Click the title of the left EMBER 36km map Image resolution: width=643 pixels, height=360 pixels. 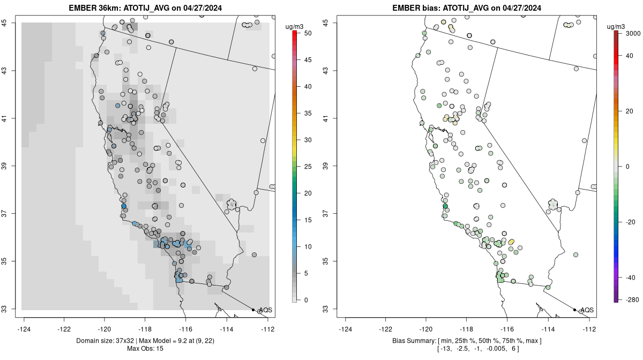click(145, 8)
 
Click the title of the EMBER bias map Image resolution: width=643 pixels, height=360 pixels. click(467, 8)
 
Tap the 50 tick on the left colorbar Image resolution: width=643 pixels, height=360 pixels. click(308, 33)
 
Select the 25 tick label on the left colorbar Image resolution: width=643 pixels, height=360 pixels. click(308, 167)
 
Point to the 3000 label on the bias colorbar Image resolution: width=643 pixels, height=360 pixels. click(633, 34)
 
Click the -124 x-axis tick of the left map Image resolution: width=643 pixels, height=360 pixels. click(24, 329)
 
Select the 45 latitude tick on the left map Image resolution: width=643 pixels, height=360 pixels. click(5, 22)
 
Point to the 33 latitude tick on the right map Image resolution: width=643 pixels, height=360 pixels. click(326, 309)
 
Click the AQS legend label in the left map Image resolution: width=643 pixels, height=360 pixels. click(266, 310)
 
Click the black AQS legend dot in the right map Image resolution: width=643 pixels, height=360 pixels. click(574, 310)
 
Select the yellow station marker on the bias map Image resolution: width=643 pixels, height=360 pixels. click(511, 242)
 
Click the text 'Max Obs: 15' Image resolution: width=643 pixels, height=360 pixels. click(145, 349)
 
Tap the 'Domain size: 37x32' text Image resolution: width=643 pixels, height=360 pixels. click(105, 341)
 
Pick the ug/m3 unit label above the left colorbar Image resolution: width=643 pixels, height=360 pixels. click(294, 27)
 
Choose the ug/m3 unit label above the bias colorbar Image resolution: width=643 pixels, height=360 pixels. click(616, 27)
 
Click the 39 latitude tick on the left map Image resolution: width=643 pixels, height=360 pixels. click(5, 166)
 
